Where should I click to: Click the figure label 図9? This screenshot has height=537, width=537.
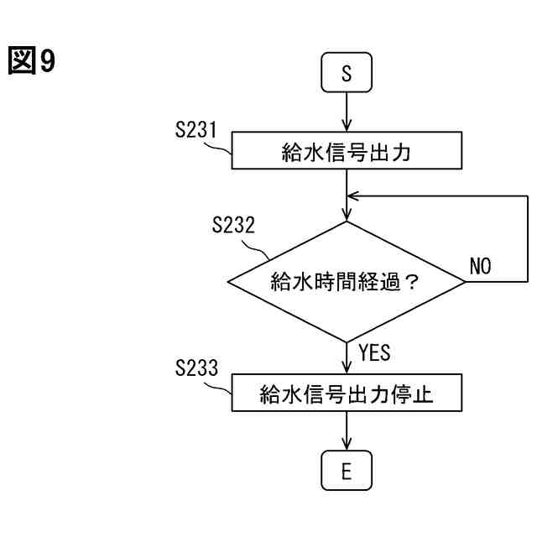point(32,61)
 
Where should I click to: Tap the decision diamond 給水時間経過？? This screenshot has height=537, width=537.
point(347,282)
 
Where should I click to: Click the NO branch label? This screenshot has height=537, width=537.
point(480,267)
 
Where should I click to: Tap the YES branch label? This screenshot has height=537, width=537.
point(374,353)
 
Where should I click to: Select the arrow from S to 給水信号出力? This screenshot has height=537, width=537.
point(347,112)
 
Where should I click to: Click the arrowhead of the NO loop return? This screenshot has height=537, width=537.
point(353,196)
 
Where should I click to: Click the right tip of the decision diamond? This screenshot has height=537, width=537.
point(464,282)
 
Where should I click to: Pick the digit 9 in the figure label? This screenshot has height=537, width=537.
point(48,62)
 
